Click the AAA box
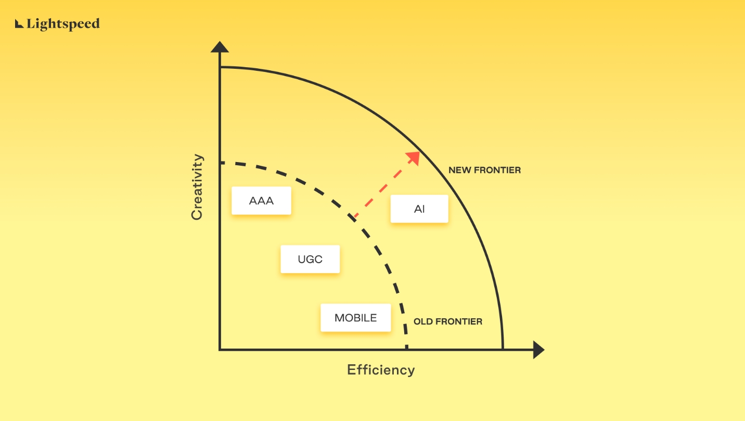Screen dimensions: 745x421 point(261,201)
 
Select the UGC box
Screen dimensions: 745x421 point(310,259)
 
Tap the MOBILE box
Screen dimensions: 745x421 point(355,318)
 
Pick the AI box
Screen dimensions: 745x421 point(419,209)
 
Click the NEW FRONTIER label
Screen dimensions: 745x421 point(484,170)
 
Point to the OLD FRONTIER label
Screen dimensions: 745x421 point(447,322)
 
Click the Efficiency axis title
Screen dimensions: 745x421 point(381,370)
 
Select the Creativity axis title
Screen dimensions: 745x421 point(197,187)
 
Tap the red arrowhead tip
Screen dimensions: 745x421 point(419,152)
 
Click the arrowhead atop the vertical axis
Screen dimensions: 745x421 point(220,47)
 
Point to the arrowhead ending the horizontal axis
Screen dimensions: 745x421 point(539,350)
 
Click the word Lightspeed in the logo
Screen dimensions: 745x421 point(63,24)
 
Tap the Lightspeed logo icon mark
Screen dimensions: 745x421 point(19,23)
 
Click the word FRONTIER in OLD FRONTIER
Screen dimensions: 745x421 point(459,322)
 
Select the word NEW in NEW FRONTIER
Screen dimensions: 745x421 point(459,170)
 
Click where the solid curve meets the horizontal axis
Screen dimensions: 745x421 point(503,350)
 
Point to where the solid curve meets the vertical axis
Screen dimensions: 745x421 point(220,67)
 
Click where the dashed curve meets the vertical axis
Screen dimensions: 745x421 point(220,163)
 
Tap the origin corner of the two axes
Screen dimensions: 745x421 point(220,350)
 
